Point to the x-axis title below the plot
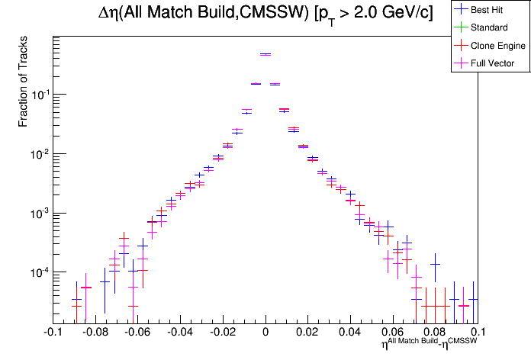(x=430, y=344)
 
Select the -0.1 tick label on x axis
(x=52, y=333)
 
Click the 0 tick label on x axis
(x=265, y=333)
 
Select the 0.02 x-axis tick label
(x=308, y=333)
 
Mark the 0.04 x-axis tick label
(x=351, y=333)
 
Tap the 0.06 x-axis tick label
(x=394, y=333)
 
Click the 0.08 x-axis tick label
(x=436, y=333)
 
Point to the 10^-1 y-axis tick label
(x=38, y=95)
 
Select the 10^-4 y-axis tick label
(x=38, y=272)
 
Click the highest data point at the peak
(x=265, y=54)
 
